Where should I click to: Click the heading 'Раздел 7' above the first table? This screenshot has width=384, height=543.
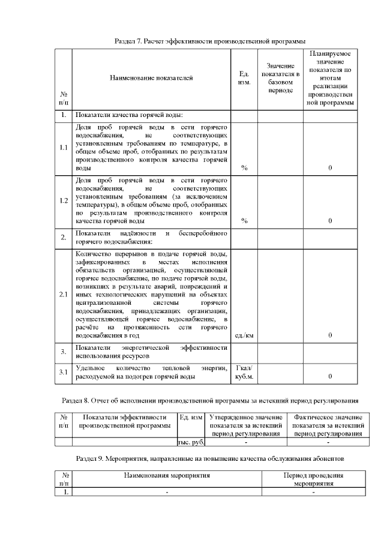[210, 41]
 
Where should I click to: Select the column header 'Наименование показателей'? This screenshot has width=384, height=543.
[151, 78]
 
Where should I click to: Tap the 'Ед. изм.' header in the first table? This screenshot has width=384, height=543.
[244, 78]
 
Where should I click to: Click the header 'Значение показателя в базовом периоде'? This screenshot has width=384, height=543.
[280, 78]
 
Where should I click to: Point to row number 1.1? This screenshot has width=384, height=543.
[64, 148]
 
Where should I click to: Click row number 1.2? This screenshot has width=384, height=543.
[64, 200]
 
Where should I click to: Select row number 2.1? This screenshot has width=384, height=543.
[64, 295]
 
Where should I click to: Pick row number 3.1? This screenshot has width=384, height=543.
[64, 372]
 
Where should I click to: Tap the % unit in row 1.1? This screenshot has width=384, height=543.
[244, 168]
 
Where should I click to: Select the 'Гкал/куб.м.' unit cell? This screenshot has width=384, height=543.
[244, 372]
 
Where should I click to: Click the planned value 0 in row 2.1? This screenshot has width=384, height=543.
[330, 335]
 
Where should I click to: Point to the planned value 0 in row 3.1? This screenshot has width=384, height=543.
[330, 376]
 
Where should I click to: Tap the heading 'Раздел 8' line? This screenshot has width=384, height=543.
[210, 400]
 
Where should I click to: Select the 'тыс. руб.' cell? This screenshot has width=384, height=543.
[191, 442]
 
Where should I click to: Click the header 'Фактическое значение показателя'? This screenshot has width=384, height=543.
[328, 425]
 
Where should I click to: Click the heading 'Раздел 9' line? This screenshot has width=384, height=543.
[210, 458]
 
